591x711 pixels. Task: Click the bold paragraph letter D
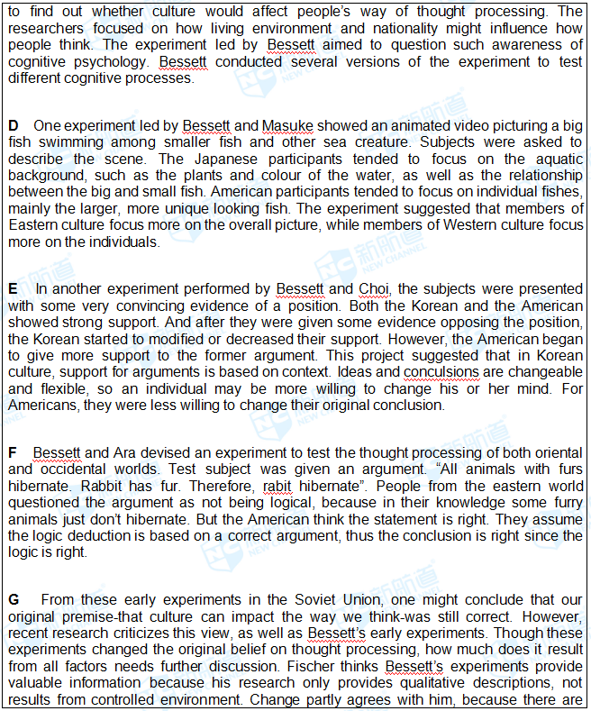(13, 125)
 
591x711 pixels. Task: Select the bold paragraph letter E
(13, 288)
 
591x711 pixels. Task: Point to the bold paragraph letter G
(14, 599)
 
